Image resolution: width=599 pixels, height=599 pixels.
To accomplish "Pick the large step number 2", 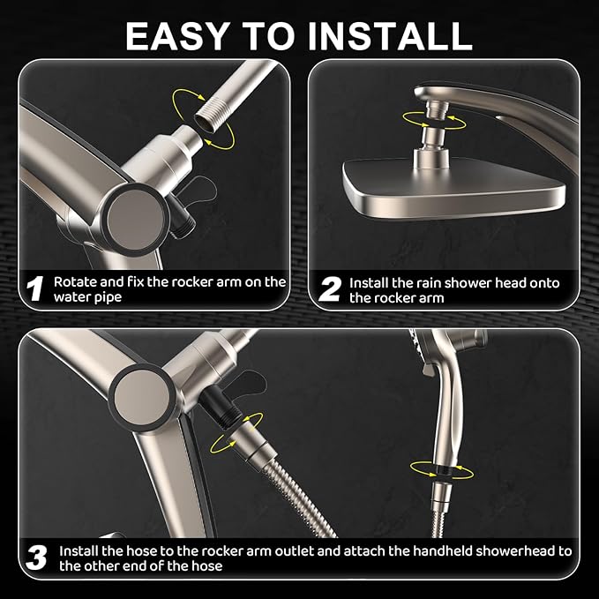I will (x=329, y=289).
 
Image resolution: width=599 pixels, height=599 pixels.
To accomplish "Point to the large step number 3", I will (x=35, y=558).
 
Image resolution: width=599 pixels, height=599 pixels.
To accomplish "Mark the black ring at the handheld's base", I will (x=439, y=468).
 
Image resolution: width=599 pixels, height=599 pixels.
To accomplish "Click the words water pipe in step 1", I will (x=86, y=298).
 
